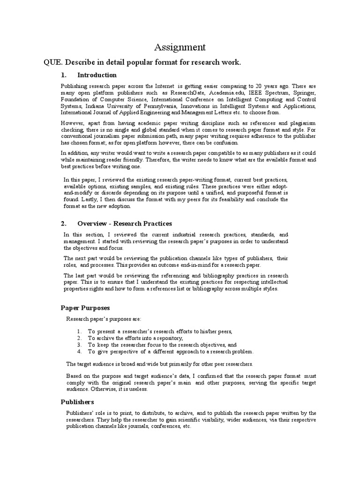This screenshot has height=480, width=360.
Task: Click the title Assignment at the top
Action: [180, 47]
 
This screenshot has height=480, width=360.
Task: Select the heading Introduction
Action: [97, 75]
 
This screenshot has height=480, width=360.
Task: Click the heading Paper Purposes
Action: [85, 308]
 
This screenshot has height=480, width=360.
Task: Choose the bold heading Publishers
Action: [77, 402]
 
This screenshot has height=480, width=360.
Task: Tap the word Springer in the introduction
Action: [303, 93]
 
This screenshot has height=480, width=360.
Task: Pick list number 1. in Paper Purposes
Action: [80, 331]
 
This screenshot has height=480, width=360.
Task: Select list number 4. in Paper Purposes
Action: [80, 351]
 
